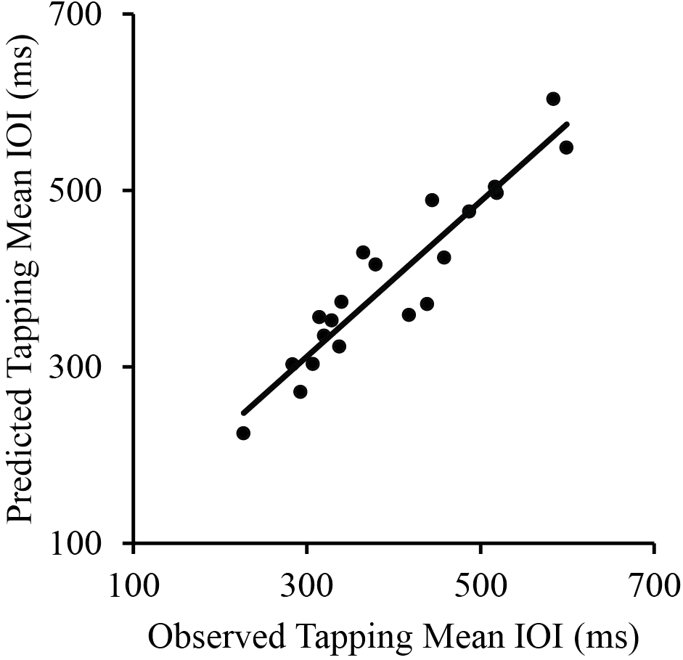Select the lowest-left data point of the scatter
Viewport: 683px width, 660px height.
tap(243, 433)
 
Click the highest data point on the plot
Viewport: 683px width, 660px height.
tap(553, 99)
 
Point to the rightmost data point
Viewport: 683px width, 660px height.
tap(566, 147)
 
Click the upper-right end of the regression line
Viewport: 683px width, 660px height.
tap(567, 124)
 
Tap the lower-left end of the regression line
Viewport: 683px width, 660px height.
tap(244, 413)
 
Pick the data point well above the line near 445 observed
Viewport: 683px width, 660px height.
tap(432, 200)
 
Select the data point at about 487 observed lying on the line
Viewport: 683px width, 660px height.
tap(469, 211)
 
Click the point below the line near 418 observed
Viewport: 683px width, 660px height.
tap(409, 314)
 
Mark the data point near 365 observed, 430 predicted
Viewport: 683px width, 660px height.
tap(363, 253)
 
